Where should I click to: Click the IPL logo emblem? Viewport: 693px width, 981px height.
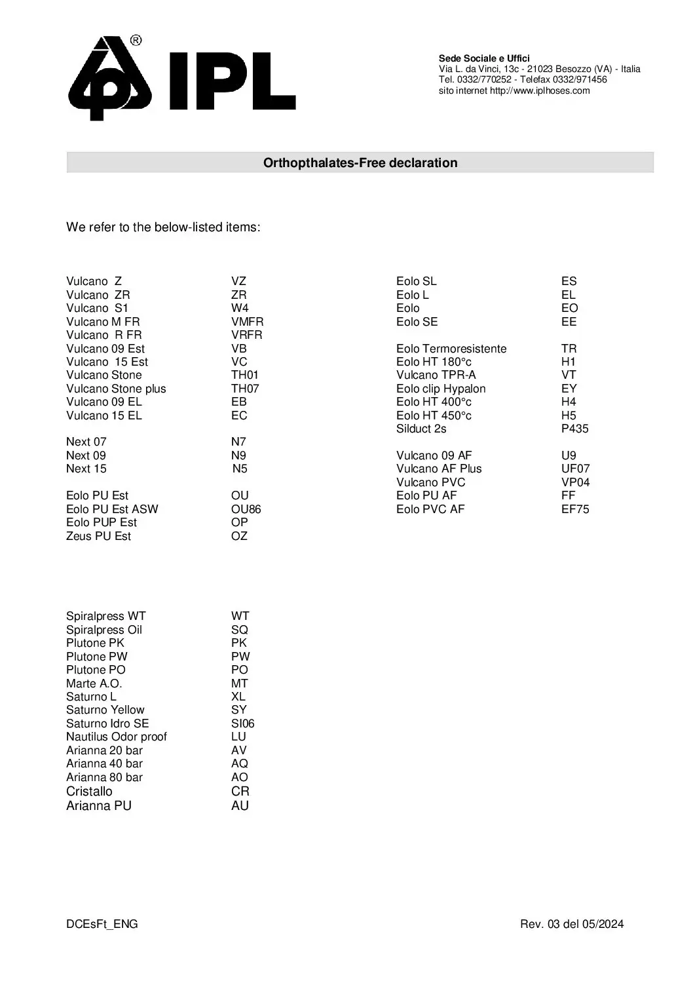coord(110,79)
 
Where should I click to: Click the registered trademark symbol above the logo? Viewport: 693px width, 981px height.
coord(136,41)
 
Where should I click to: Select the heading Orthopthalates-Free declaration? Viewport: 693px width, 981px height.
coord(360,163)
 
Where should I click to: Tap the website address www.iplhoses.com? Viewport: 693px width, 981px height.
coord(540,90)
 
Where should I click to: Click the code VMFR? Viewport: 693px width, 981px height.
coord(247,322)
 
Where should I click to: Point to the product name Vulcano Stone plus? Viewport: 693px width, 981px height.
coord(116,389)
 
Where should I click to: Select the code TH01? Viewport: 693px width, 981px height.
coord(245,375)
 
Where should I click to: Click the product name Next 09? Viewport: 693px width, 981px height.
coord(86,455)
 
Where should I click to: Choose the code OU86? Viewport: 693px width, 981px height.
coord(246,509)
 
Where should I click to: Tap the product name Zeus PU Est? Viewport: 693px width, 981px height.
coord(98,536)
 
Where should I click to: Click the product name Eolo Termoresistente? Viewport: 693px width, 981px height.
coord(451,349)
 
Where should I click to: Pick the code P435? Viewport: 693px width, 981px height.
coord(574,429)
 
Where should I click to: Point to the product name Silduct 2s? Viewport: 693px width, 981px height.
coord(421,429)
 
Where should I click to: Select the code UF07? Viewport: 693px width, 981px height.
coord(575,469)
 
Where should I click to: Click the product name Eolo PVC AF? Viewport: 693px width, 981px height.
coord(430,509)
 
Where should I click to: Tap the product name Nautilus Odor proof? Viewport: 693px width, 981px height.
coord(116,737)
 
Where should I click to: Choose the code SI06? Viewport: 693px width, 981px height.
coord(242,723)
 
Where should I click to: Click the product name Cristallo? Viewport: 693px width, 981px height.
coord(89,791)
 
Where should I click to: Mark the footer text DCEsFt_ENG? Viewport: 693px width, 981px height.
coord(102,924)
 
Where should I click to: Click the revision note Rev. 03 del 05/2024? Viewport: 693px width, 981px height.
coord(572,924)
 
